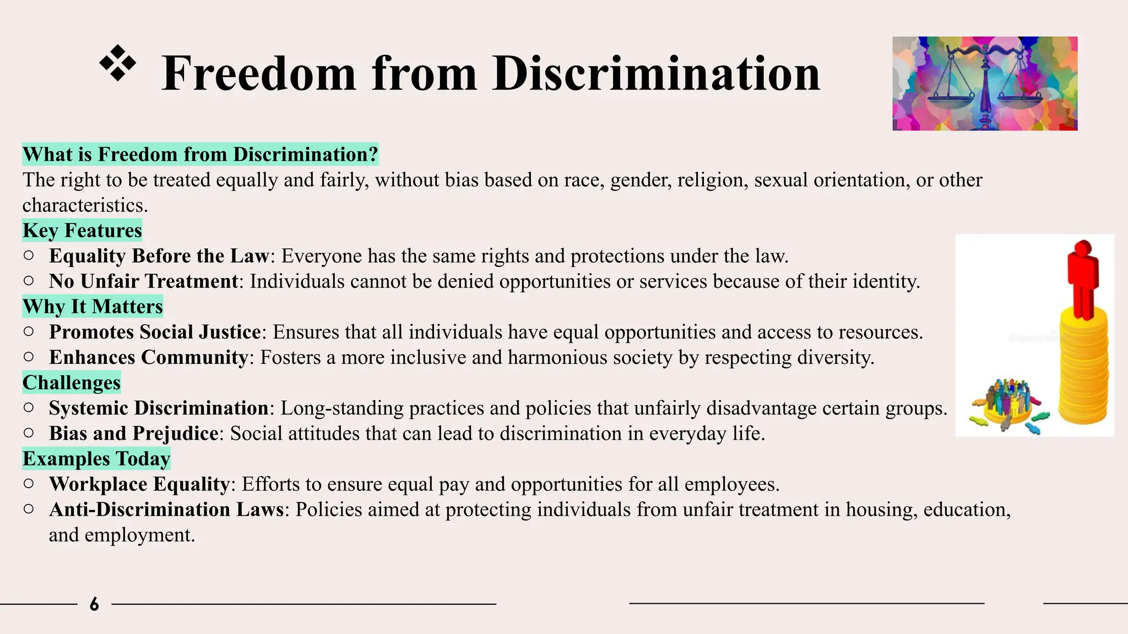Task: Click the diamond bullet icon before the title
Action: coord(117,64)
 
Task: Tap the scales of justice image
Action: coord(984,84)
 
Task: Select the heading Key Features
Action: coord(82,230)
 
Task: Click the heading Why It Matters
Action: coord(93,306)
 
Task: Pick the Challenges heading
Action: coord(72,382)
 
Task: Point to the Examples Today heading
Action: coord(96,458)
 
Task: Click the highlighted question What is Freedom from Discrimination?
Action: coord(200,154)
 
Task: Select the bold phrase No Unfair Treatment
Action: coord(143,281)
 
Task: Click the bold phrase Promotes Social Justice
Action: coord(155,332)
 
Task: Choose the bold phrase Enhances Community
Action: coord(149,357)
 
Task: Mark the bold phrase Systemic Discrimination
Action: coord(159,408)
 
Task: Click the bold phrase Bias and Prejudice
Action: coord(134,433)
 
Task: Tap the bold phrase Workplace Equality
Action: coord(139,484)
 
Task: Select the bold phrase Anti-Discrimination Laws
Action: coord(166,509)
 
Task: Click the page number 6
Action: coord(94,604)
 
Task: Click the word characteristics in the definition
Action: coord(85,205)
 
